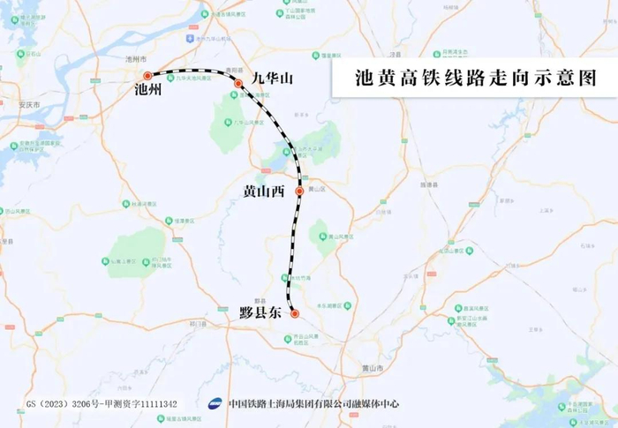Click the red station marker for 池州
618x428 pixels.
(148, 77)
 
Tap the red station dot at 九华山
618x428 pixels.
(238, 84)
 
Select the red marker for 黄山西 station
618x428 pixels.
(299, 191)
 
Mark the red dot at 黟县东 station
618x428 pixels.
(295, 313)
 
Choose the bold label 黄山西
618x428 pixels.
(264, 191)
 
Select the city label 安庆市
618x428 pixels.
(30, 105)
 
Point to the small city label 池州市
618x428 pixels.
(135, 58)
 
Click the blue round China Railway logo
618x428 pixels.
(217, 404)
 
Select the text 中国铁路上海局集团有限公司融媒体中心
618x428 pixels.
(320, 404)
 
